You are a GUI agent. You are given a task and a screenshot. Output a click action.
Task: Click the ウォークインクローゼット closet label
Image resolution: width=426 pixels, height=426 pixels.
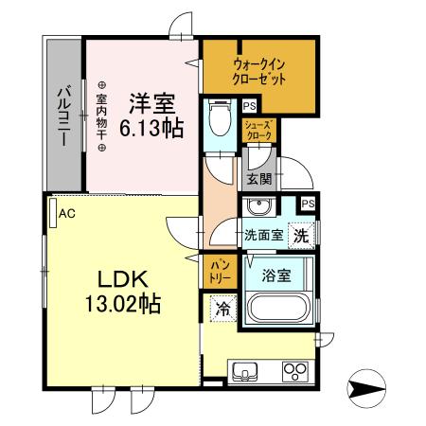click(258, 73)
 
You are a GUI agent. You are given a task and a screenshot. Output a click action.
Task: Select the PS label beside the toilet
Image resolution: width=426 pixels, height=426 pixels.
click(249, 107)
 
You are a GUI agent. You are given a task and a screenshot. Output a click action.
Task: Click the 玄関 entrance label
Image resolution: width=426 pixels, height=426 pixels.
click(258, 177)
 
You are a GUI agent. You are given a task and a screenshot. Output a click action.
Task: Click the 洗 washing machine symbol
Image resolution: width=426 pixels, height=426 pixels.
click(299, 235)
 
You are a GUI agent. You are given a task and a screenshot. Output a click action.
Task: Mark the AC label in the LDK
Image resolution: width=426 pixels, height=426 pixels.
click(66, 214)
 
